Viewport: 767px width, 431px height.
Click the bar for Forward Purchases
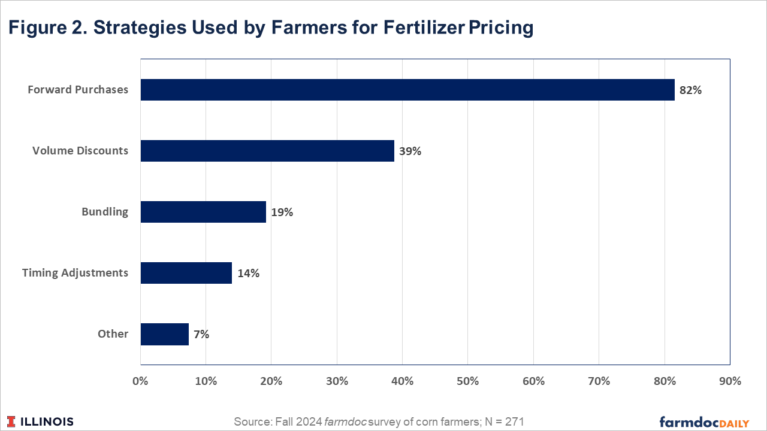(407, 90)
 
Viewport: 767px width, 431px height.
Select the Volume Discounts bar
(267, 151)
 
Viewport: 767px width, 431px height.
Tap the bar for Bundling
(203, 212)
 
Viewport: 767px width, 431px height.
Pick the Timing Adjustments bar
(186, 273)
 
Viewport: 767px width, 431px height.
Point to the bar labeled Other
(165, 334)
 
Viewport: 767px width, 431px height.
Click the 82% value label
(690, 90)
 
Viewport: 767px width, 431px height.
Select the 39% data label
(410, 151)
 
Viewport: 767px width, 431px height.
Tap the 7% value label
(201, 335)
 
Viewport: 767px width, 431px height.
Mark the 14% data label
(248, 274)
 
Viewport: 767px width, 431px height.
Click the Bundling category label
(105, 212)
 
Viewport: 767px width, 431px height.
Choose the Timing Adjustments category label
(75, 273)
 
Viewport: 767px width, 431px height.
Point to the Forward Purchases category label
(78, 90)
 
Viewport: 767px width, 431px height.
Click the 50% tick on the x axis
(467, 381)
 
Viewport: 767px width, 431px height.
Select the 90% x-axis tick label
(729, 381)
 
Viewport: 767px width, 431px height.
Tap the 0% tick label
(140, 381)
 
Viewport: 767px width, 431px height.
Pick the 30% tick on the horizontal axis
(337, 381)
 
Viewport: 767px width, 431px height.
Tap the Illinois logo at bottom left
(41, 421)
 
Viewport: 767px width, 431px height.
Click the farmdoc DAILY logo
(704, 422)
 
